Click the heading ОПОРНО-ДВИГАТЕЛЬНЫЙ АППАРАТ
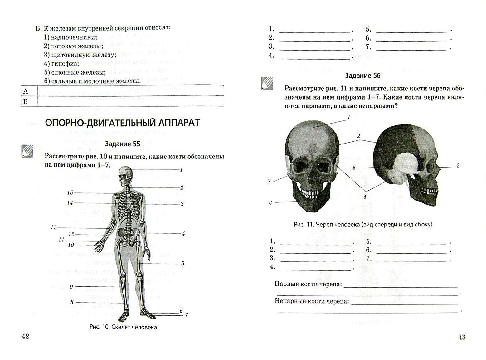pos(122,123)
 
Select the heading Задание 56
pos(363,75)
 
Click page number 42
pos(25,336)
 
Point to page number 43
pos(461,337)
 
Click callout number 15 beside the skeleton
pos(70,192)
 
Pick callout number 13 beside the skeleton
pos(54,227)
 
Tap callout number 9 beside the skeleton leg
pos(71,286)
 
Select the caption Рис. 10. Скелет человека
pos(123,327)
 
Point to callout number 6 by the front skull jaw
pos(270,203)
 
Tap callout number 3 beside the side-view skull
pos(458,166)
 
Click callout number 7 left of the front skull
pos(269,181)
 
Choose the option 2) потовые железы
pos(73,46)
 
